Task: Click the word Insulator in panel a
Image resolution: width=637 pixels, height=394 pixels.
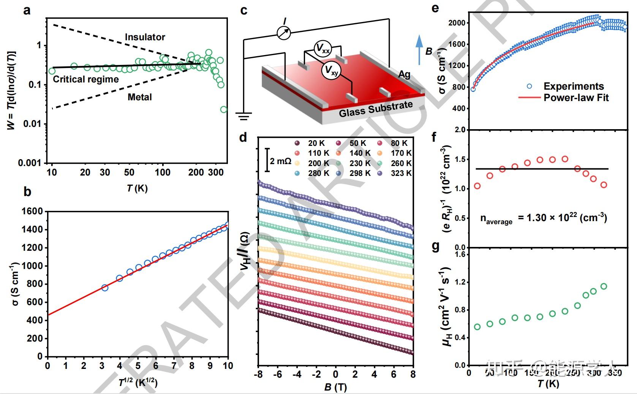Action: [145, 37]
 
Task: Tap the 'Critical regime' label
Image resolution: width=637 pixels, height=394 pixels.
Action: [85, 79]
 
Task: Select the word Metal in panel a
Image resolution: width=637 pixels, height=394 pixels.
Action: [139, 97]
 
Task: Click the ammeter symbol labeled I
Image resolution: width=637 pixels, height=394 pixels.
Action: [283, 32]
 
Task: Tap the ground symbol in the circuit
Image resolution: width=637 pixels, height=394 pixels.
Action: [243, 116]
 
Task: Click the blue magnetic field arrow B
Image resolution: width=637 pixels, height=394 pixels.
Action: [419, 49]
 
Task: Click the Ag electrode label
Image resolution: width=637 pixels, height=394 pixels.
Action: [404, 74]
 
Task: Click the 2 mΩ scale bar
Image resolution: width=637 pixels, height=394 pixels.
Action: [268, 160]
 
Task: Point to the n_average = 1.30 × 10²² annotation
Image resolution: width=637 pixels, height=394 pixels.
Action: [544, 218]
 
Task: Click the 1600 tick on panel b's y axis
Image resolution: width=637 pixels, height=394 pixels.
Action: [33, 211]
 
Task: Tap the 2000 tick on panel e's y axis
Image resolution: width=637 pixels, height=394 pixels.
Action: [456, 23]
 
